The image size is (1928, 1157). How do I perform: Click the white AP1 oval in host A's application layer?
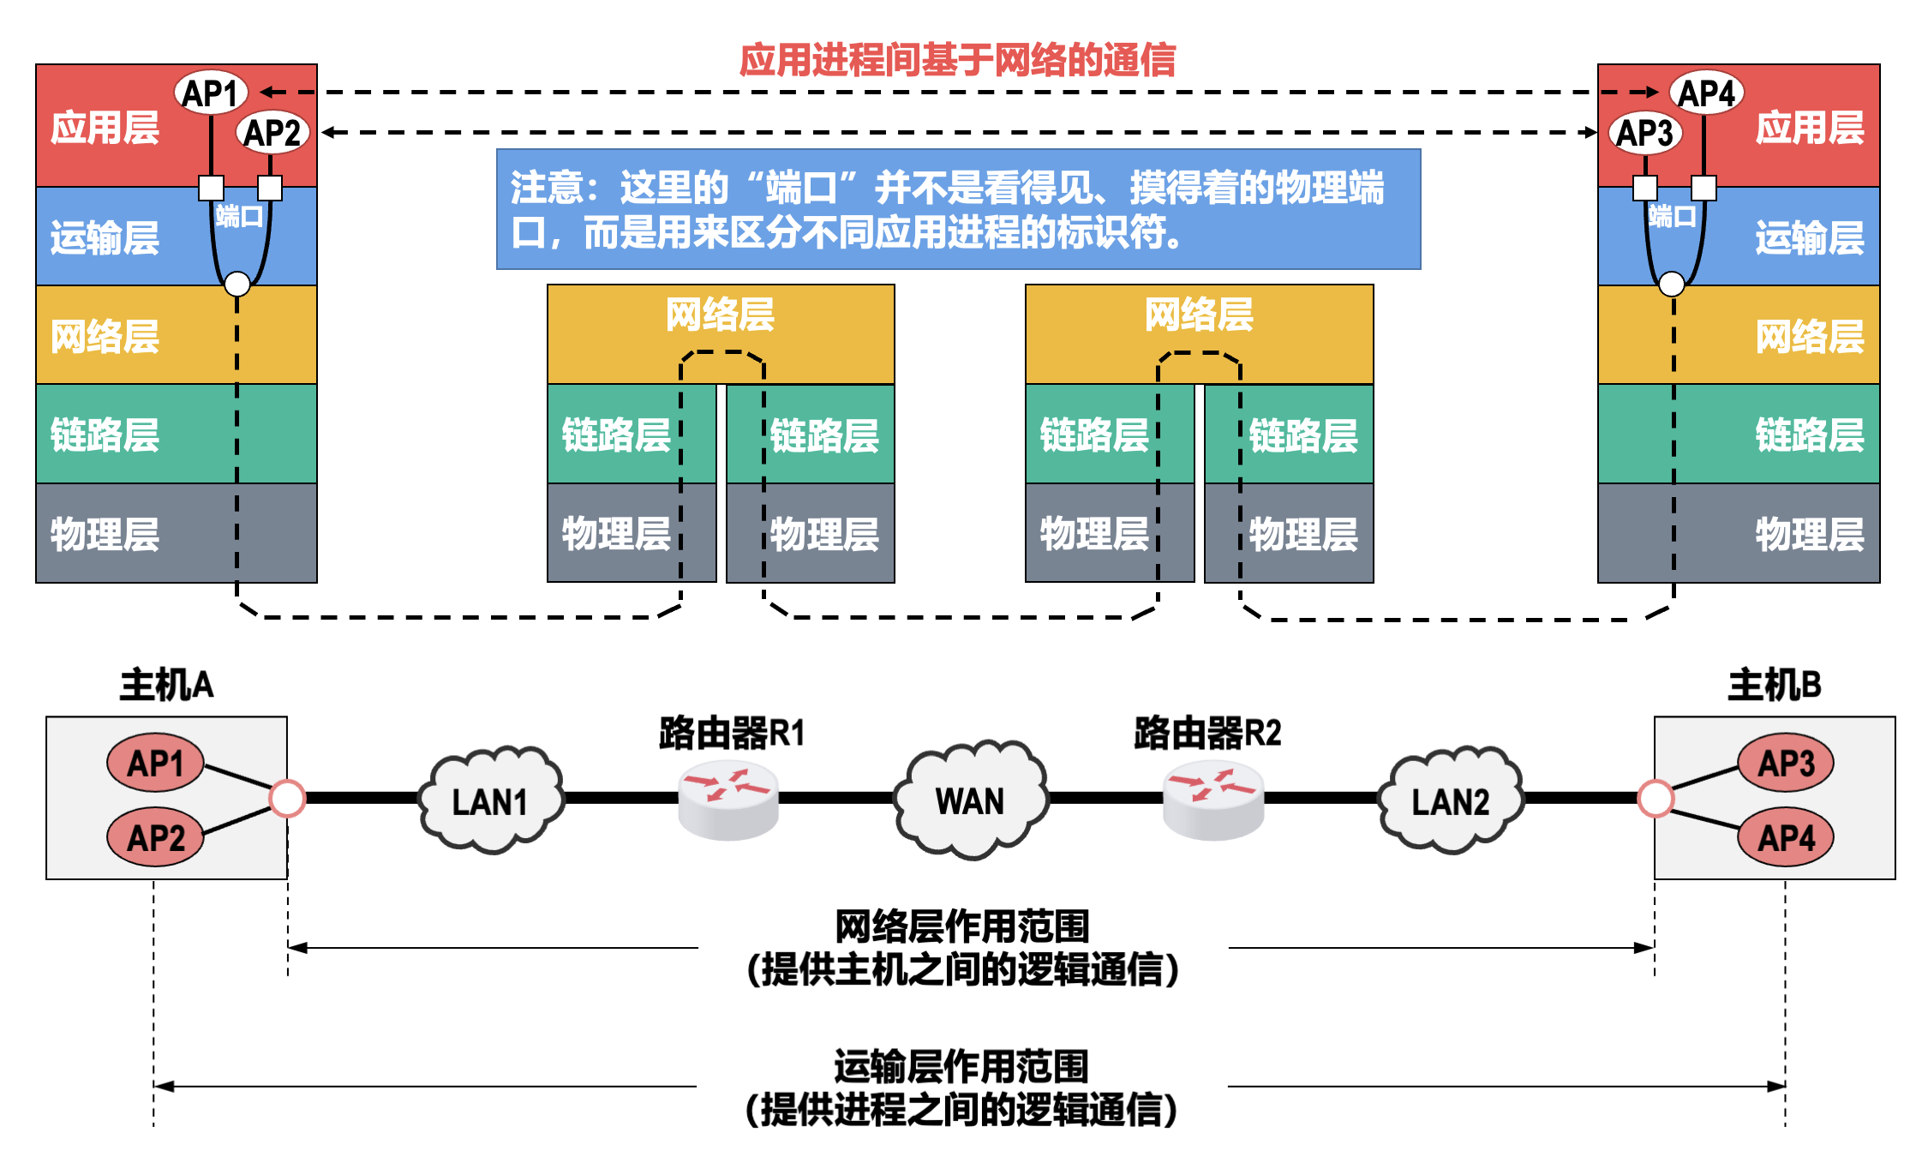pyautogui.click(x=211, y=93)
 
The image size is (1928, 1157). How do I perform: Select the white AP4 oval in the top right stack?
pyautogui.click(x=1706, y=93)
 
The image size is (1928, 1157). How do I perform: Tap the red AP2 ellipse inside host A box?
pyautogui.click(x=156, y=836)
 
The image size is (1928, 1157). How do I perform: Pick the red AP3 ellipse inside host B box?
pyautogui.click(x=1786, y=762)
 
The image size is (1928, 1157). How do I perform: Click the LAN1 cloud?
pyautogui.click(x=490, y=800)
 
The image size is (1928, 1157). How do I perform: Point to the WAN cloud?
pyautogui.click(x=970, y=799)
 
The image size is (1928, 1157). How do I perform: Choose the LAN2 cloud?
pyautogui.click(x=1450, y=800)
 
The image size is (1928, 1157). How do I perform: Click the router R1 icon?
pyautogui.click(x=728, y=800)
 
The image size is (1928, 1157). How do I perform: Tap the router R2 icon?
pyautogui.click(x=1212, y=800)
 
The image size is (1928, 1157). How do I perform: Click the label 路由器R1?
pyautogui.click(x=732, y=734)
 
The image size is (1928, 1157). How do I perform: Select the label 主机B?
pyautogui.click(x=1774, y=685)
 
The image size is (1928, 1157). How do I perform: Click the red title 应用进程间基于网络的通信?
pyautogui.click(x=957, y=60)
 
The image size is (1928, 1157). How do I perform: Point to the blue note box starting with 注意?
pyautogui.click(x=958, y=209)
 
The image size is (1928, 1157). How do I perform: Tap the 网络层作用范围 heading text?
pyautogui.click(x=962, y=926)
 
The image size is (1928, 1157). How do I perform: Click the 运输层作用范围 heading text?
pyautogui.click(x=961, y=1066)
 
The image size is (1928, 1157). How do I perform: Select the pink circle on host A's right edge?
pyautogui.click(x=287, y=798)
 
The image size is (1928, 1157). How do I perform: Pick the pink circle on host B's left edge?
pyautogui.click(x=1656, y=798)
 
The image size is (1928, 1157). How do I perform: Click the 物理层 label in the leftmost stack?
pyautogui.click(x=105, y=534)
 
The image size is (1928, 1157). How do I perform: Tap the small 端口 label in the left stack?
pyautogui.click(x=239, y=216)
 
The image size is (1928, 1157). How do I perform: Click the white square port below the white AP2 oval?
pyautogui.click(x=270, y=188)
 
